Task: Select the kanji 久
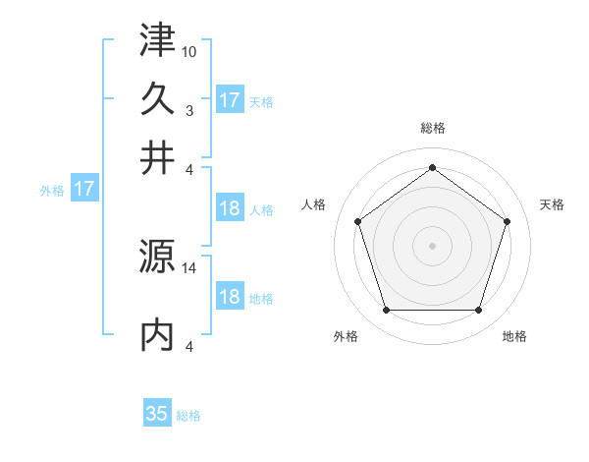[157, 98]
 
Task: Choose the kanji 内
[157, 334]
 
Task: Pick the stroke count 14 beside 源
[190, 267]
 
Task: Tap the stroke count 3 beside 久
[189, 110]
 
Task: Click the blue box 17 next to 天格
[230, 99]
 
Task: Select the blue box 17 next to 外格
[83, 189]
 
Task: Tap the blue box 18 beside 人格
[230, 208]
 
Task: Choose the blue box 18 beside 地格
[230, 298]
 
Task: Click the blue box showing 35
[157, 414]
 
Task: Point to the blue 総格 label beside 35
[188, 416]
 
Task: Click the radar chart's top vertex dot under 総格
[432, 167]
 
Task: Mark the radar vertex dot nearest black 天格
[507, 221]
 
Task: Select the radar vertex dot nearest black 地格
[478, 310]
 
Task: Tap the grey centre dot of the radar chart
[432, 245]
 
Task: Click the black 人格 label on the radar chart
[313, 204]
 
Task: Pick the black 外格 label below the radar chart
[346, 337]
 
